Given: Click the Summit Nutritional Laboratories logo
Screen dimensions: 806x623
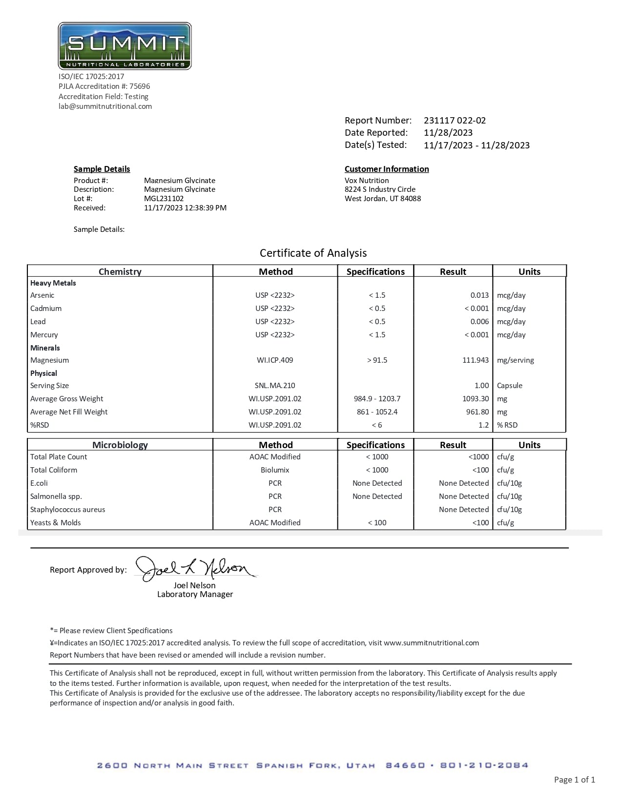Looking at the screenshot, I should click(125, 46).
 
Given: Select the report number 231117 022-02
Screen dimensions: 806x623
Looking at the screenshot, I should click(455, 121).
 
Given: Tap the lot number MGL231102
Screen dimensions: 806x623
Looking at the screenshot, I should click(164, 199).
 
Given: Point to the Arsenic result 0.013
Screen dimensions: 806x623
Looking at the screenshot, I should click(479, 295).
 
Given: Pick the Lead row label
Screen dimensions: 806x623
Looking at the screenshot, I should click(38, 322).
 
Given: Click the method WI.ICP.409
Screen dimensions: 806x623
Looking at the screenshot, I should click(275, 360).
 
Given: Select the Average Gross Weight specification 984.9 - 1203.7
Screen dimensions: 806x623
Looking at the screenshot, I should click(377, 399).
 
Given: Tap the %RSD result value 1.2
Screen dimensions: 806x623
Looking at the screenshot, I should click(483, 425).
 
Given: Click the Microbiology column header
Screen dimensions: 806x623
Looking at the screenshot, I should click(120, 445).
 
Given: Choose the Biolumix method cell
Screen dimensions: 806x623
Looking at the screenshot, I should click(275, 470).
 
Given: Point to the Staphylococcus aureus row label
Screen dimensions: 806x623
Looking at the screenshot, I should click(67, 510).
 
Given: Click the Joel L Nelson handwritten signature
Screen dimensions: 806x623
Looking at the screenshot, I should click(195, 569).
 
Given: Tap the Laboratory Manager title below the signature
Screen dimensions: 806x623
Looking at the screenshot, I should click(195, 595).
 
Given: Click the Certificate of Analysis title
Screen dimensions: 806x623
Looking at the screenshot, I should click(313, 253).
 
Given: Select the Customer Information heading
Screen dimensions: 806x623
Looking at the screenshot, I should click(387, 169).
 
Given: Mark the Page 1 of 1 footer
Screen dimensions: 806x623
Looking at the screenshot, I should click(574, 780).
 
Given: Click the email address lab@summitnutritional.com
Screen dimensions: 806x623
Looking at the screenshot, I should click(105, 106).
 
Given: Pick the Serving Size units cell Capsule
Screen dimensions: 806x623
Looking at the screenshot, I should click(509, 386).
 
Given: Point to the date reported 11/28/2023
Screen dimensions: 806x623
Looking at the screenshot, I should click(448, 133).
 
